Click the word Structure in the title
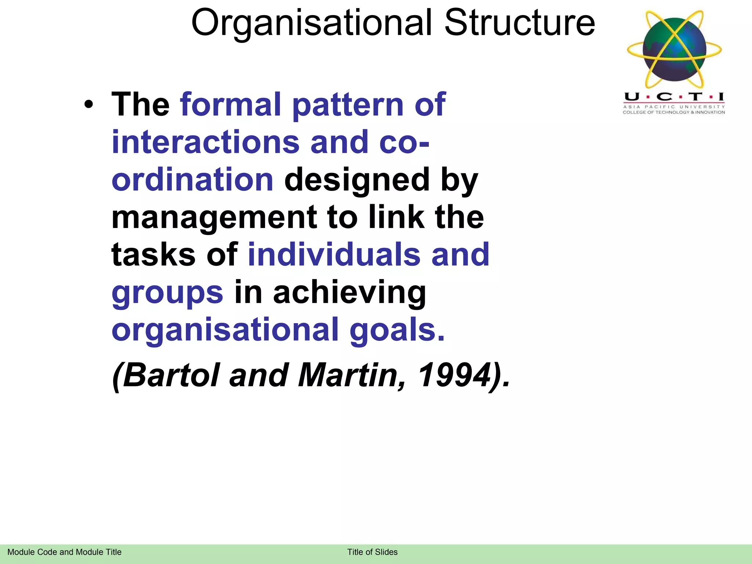coord(519,23)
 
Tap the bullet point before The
coord(88,105)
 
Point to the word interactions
coord(206,142)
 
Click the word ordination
coord(192,180)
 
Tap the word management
coord(214,217)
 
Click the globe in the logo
coord(675,50)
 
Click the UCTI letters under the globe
coord(674,97)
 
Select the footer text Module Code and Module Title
coord(64,552)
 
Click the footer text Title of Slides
coord(372,552)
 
